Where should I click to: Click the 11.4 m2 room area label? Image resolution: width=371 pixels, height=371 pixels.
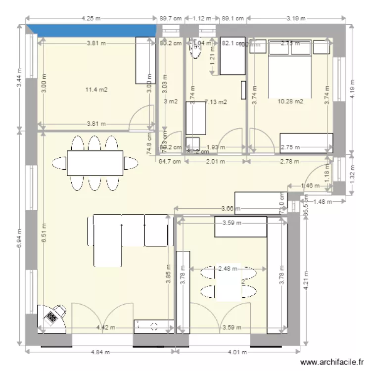[96, 90]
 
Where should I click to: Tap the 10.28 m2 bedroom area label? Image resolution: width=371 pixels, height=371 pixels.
[290, 101]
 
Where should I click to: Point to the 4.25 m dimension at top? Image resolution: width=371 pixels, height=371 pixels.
[91, 18]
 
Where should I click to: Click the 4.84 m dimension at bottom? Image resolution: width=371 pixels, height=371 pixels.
[101, 352]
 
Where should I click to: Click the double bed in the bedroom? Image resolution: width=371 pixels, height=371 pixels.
[290, 69]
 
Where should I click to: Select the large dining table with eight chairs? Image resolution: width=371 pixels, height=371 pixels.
[95, 163]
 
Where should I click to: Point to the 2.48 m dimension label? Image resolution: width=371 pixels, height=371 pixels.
[228, 269]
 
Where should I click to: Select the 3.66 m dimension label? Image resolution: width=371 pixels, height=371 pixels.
[231, 209]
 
